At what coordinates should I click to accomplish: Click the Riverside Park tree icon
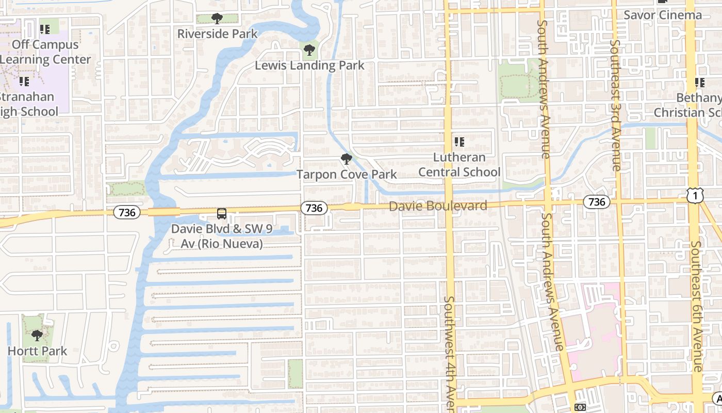pos(217,19)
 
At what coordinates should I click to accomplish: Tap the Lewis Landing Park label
pos(309,66)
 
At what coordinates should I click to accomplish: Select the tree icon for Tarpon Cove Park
pos(347,158)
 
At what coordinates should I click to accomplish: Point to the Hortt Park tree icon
pos(37,336)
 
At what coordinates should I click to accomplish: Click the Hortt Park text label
pos(37,351)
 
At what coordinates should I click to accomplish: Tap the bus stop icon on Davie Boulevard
pos(221,213)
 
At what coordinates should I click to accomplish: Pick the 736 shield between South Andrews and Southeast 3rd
pos(596,202)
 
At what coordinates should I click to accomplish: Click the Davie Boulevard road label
pos(438,206)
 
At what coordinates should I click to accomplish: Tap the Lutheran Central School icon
pos(459,141)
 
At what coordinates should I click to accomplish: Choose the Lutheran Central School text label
pos(459,165)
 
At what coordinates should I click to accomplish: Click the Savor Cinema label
pos(663,15)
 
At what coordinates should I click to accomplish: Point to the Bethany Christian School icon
pos(699,82)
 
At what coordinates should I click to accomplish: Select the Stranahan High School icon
pos(24,81)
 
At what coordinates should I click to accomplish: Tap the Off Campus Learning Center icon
pos(45,29)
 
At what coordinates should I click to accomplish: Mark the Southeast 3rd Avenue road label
pos(615,105)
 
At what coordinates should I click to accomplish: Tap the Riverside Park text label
pos(217,34)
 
